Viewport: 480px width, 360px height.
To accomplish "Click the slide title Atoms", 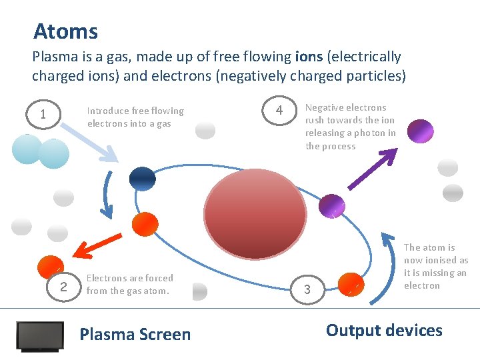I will tap(65, 31).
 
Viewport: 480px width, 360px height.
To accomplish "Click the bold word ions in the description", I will tap(308, 57).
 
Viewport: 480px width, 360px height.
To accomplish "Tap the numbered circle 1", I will tap(43, 115).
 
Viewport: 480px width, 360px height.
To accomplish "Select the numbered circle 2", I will tap(63, 287).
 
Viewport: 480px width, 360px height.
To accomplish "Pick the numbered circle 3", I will tap(307, 289).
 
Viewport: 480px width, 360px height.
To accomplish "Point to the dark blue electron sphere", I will tap(141, 178).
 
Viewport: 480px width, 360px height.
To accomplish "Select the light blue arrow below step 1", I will tap(92, 145).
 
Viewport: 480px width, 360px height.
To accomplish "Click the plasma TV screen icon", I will tap(40, 336).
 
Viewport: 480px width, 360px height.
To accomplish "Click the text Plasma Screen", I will tap(135, 334).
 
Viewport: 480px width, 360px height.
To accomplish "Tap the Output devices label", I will tap(383, 330).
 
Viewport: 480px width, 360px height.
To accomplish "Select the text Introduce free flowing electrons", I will tap(135, 117).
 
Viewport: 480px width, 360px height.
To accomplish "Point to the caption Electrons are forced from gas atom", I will tap(129, 285).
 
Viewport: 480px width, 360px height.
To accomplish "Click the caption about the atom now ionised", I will tap(435, 266).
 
